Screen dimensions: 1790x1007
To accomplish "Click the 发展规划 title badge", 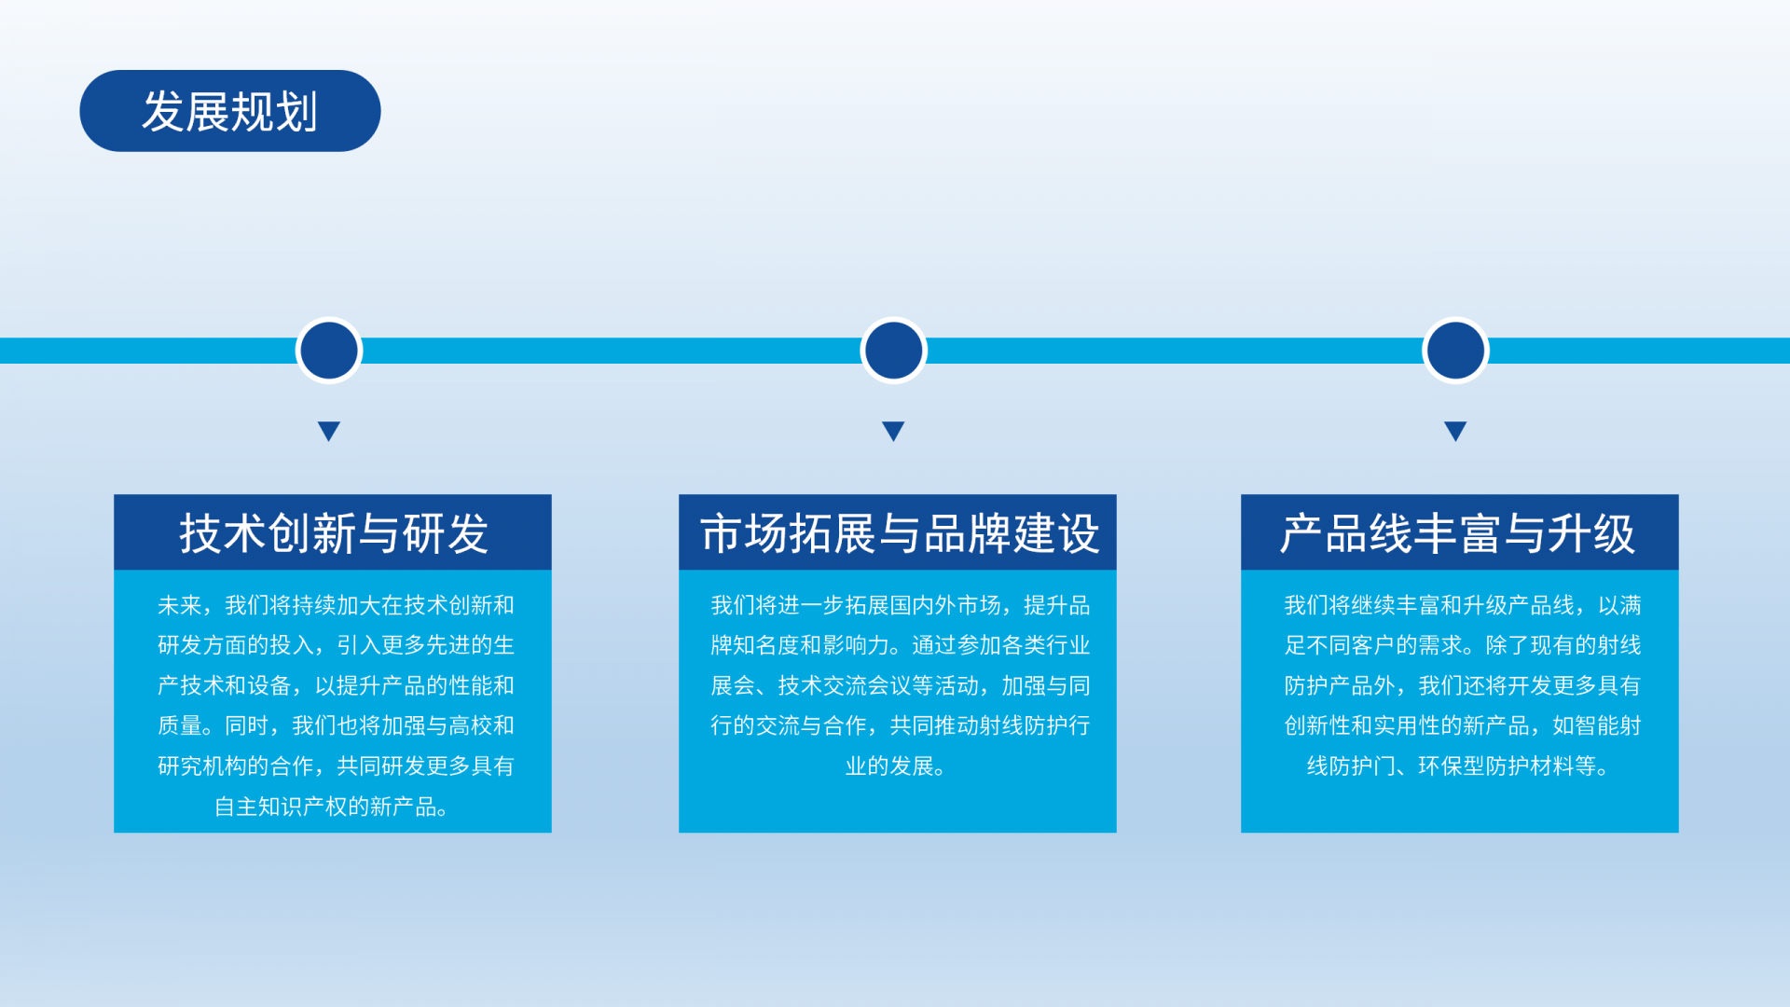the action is point(230,111).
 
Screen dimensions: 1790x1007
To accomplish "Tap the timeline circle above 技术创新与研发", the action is point(329,351).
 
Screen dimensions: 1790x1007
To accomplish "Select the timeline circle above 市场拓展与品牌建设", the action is point(893,351).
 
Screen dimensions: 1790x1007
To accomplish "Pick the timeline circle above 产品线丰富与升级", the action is point(1455,351).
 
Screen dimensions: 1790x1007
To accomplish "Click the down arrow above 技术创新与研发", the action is point(329,431).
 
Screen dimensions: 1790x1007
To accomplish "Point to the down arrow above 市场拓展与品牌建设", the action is point(893,431).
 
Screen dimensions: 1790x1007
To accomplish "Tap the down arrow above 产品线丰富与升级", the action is point(1455,431).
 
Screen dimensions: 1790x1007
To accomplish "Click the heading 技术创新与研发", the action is point(334,533).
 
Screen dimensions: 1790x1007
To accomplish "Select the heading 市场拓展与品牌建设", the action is point(899,533).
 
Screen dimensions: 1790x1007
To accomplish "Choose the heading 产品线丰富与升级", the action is point(1458,533).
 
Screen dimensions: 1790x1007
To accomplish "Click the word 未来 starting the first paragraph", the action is point(180,605).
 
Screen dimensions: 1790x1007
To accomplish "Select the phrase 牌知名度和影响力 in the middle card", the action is point(800,645).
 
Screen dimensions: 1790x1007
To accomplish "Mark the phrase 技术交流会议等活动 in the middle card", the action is point(878,685).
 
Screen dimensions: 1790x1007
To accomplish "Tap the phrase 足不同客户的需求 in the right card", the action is point(1374,645).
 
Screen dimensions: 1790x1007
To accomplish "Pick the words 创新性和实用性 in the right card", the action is point(1363,725).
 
